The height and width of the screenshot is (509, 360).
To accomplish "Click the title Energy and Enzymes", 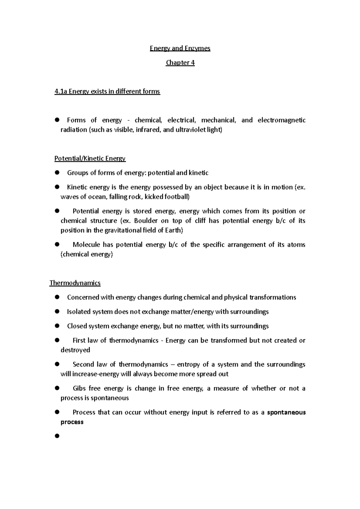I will (x=180, y=48).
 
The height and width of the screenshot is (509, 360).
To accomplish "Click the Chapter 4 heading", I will (x=180, y=63).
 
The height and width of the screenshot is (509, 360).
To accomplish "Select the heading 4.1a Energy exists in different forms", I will (x=107, y=91).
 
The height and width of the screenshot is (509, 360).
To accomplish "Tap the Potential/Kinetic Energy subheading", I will (x=90, y=159).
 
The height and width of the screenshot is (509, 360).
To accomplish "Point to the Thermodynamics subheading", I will (x=75, y=283).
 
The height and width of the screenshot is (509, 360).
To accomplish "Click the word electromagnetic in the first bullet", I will (x=281, y=120).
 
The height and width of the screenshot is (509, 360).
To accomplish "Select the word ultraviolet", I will (x=187, y=130).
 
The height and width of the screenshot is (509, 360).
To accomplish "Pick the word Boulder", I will (x=146, y=221).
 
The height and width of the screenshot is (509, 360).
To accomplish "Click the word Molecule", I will (x=86, y=245).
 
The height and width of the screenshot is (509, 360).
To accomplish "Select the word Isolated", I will (x=79, y=312).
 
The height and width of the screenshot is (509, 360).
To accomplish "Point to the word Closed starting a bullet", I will (x=77, y=326).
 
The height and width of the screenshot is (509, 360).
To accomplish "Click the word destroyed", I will (x=75, y=350).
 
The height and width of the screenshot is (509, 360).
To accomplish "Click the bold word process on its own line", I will (x=72, y=422).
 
